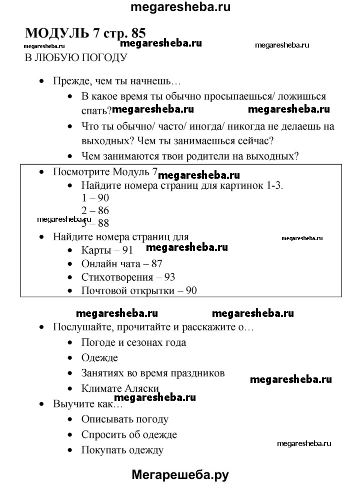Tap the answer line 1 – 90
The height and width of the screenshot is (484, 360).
click(x=95, y=198)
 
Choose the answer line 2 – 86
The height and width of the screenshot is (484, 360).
click(x=95, y=211)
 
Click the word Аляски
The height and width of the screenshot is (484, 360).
click(x=141, y=388)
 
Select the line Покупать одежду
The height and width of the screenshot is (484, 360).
click(x=122, y=450)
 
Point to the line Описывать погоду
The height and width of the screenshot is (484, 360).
click(x=124, y=419)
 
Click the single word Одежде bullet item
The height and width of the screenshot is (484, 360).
click(x=99, y=357)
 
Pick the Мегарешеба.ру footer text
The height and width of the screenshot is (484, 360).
click(x=180, y=474)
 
